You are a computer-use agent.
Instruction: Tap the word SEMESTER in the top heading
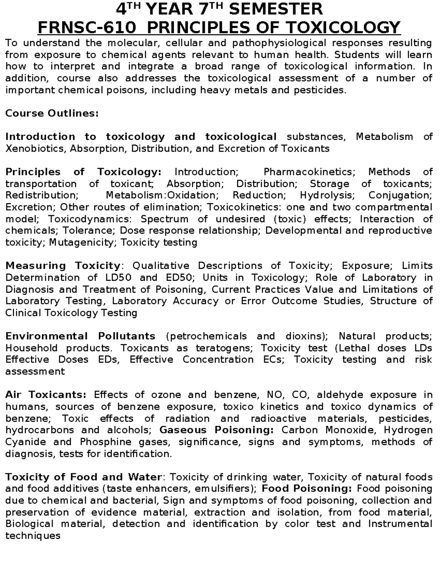[x=276, y=9]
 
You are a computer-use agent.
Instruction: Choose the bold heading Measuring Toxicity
[x=63, y=265]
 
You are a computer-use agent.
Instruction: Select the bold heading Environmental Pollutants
[x=80, y=336]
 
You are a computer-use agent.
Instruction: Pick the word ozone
[x=166, y=395]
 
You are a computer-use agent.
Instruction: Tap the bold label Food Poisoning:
[x=307, y=489]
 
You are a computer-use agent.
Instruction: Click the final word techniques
[x=33, y=536]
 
